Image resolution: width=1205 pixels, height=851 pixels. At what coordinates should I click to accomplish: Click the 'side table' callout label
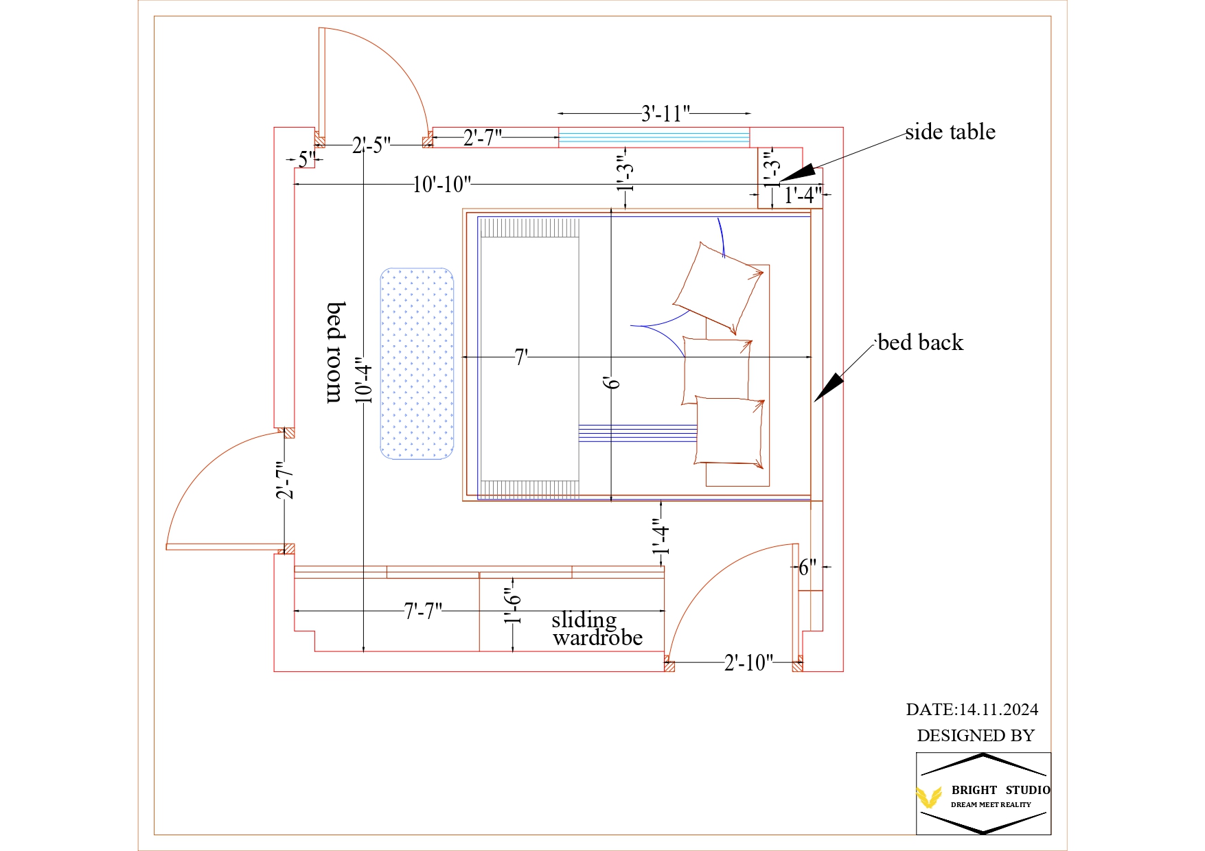(x=950, y=132)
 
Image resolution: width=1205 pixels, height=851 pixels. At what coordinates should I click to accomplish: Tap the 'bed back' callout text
(x=920, y=342)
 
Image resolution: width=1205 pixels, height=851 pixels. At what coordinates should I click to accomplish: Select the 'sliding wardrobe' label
(x=596, y=629)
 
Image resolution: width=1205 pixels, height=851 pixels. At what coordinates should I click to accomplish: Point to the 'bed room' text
(x=335, y=351)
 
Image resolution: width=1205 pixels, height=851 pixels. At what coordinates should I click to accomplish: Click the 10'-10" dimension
(x=441, y=185)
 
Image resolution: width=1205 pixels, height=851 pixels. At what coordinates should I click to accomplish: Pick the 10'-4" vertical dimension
(x=364, y=380)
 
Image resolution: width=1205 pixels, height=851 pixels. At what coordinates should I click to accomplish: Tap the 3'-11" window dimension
(x=665, y=113)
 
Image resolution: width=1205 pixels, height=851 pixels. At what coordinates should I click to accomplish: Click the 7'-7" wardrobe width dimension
(x=422, y=610)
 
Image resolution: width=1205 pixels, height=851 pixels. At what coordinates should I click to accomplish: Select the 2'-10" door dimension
(x=748, y=662)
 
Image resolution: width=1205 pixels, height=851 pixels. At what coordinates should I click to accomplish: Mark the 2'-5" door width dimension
(x=371, y=145)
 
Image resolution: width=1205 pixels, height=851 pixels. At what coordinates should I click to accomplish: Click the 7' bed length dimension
(x=521, y=357)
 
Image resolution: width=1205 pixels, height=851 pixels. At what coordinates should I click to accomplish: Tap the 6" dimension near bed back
(x=807, y=567)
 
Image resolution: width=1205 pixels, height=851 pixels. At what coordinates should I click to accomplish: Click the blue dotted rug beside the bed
(x=417, y=364)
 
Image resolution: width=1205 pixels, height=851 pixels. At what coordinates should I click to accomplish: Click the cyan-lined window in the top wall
(x=654, y=137)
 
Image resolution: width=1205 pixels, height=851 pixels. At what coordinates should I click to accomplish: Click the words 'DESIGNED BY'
(x=975, y=736)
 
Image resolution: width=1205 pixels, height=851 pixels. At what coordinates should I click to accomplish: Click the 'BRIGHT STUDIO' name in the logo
(x=1000, y=790)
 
